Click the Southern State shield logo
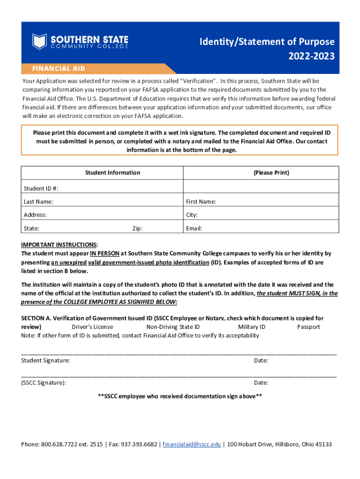pyautogui.click(x=40, y=41)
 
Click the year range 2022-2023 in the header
pyautogui.click(x=311, y=57)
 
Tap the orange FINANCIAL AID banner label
pyautogui.click(x=58, y=68)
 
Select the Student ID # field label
pyautogui.click(x=41, y=188)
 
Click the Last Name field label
pyautogui.click(x=38, y=202)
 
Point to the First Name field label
pyautogui.click(x=201, y=202)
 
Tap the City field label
pyautogui.click(x=192, y=215)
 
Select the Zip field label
pyautogui.click(x=137, y=229)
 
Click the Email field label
pyautogui.click(x=194, y=229)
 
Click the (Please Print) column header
pyautogui.click(x=271, y=173)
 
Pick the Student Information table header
pyautogui.click(x=112, y=173)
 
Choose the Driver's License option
pyautogui.click(x=92, y=327)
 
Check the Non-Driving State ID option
pyautogui.click(x=173, y=327)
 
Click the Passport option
pyautogui.click(x=309, y=327)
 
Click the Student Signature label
pyautogui.click(x=46, y=361)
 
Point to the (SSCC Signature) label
pyautogui.click(x=43, y=383)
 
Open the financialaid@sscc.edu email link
pyautogui.click(x=192, y=444)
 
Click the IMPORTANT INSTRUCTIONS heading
pyautogui.click(x=59, y=245)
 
